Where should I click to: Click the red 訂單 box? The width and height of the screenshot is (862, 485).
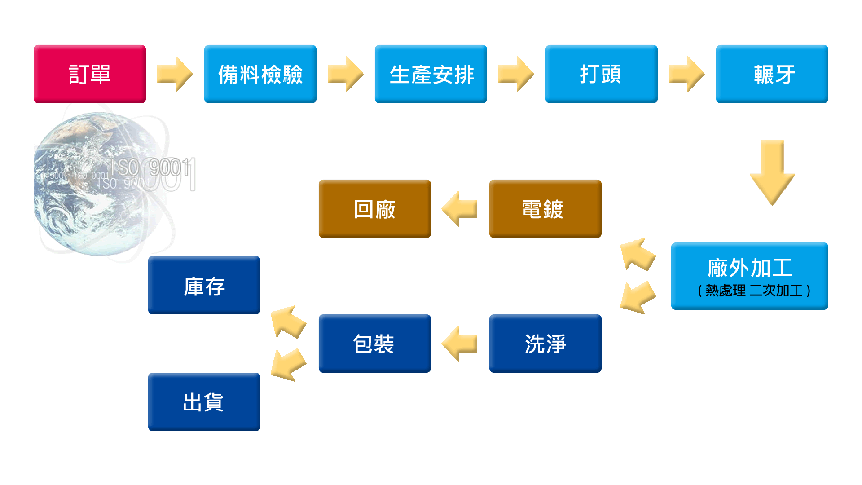pyautogui.click(x=90, y=74)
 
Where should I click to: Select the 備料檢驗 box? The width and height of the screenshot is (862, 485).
pyautogui.click(x=260, y=74)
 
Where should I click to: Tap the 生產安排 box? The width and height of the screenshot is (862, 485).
pyautogui.click(x=431, y=74)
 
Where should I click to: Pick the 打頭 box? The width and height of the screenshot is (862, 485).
pyautogui.click(x=602, y=74)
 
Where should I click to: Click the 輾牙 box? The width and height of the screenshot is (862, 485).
pyautogui.click(x=772, y=74)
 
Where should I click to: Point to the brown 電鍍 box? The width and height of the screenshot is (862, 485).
pyautogui.click(x=545, y=209)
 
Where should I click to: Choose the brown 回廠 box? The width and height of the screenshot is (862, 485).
pyautogui.click(x=374, y=209)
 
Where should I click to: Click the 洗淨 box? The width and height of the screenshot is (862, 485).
pyautogui.click(x=545, y=344)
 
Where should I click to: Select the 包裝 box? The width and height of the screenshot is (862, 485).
pyautogui.click(x=374, y=344)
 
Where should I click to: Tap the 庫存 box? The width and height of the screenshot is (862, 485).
pyautogui.click(x=204, y=285)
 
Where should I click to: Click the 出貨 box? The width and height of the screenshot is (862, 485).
pyautogui.click(x=204, y=402)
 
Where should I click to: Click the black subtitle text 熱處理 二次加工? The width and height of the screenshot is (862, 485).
pyautogui.click(x=754, y=291)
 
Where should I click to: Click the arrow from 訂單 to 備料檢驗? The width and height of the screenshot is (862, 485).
pyautogui.click(x=175, y=74)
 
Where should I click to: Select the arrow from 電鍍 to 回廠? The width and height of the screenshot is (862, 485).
pyautogui.click(x=460, y=209)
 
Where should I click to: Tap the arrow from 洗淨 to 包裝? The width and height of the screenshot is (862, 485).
pyautogui.click(x=460, y=344)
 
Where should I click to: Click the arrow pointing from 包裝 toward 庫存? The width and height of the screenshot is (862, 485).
pyautogui.click(x=288, y=322)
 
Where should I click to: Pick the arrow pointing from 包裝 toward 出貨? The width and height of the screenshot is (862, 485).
pyautogui.click(x=288, y=365)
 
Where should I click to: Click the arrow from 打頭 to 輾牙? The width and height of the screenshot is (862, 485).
pyautogui.click(x=687, y=74)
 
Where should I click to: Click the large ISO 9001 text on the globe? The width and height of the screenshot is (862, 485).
pyautogui.click(x=153, y=168)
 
